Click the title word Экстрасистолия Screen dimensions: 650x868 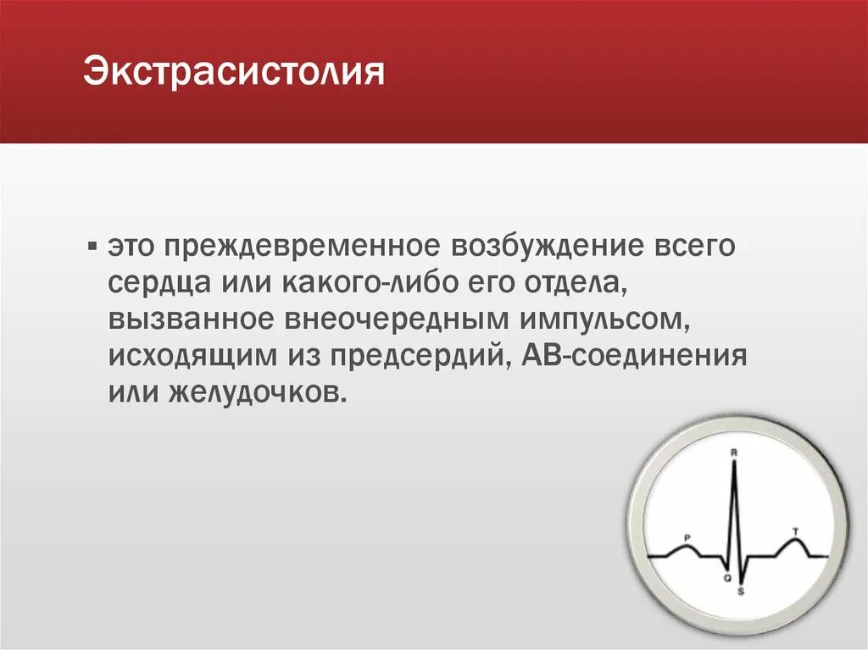[x=234, y=71]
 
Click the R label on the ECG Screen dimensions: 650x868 [x=733, y=453]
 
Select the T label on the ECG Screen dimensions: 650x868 [x=794, y=531]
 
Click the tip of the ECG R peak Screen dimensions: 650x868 [x=734, y=463]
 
